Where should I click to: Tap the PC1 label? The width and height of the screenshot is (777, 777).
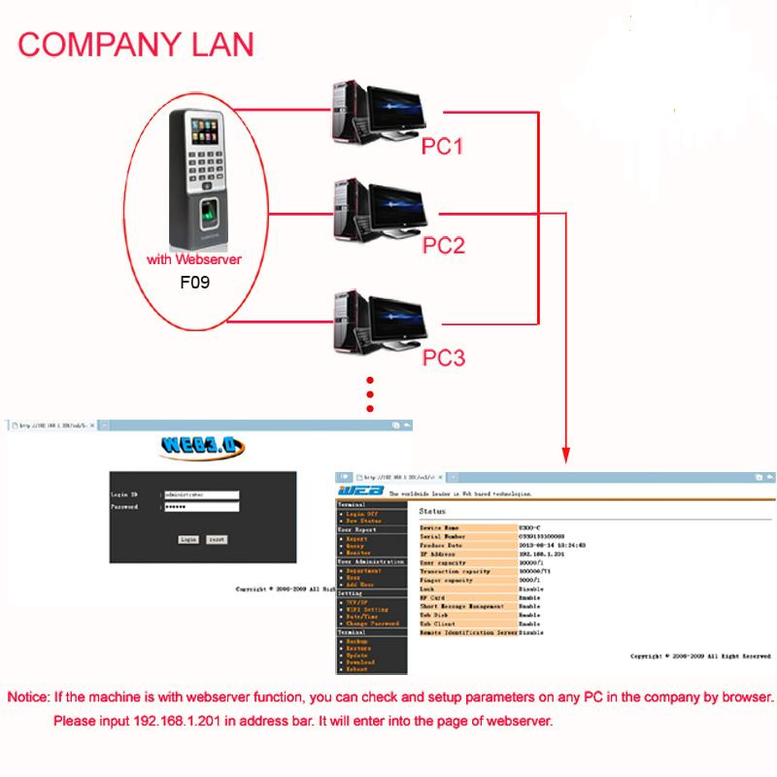pyautogui.click(x=443, y=147)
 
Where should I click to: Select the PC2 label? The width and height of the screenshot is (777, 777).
pyautogui.click(x=443, y=245)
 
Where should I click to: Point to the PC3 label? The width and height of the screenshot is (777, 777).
pyautogui.click(x=443, y=358)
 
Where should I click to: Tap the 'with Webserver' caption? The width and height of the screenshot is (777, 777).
pyautogui.click(x=194, y=260)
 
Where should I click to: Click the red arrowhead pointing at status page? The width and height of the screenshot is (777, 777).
pyautogui.click(x=564, y=455)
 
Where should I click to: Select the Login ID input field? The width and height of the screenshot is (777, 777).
pyautogui.click(x=201, y=494)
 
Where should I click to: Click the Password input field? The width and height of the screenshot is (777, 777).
pyautogui.click(x=201, y=507)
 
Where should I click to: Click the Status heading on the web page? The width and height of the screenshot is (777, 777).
pyautogui.click(x=432, y=510)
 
